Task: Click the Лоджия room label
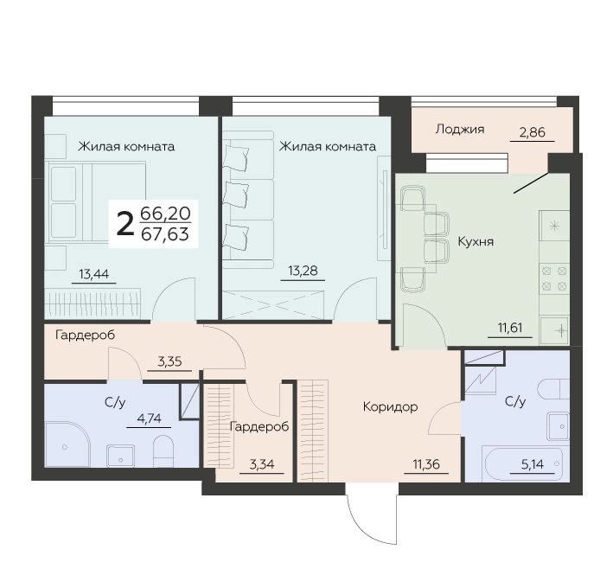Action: pos(460,130)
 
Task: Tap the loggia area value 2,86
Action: pos(532,132)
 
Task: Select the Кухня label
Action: pos(476,241)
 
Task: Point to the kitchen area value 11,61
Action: pos(510,328)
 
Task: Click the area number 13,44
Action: pos(94,274)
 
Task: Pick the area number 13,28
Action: pos(303,271)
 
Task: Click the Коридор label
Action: pos(391,407)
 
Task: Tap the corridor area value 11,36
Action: pos(426,464)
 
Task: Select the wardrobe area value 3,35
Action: pos(169,361)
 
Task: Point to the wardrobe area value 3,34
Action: pos(262,464)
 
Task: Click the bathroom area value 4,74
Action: pos(149,418)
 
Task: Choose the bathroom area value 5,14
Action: pos(532,464)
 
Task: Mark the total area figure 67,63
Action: pos(165,234)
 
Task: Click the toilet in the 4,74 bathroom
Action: pos(163,451)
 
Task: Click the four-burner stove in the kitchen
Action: pos(554,278)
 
